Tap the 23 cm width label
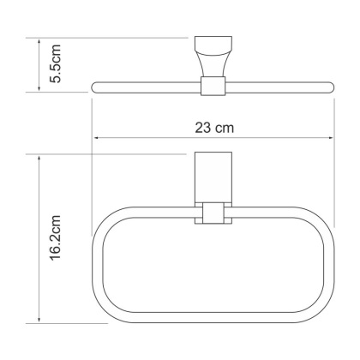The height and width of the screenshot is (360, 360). pos(213,127)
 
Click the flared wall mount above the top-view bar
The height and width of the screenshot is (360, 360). pos(211,56)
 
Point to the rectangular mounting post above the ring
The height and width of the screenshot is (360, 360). pos(211,179)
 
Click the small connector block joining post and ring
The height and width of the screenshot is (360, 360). pos(211,214)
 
